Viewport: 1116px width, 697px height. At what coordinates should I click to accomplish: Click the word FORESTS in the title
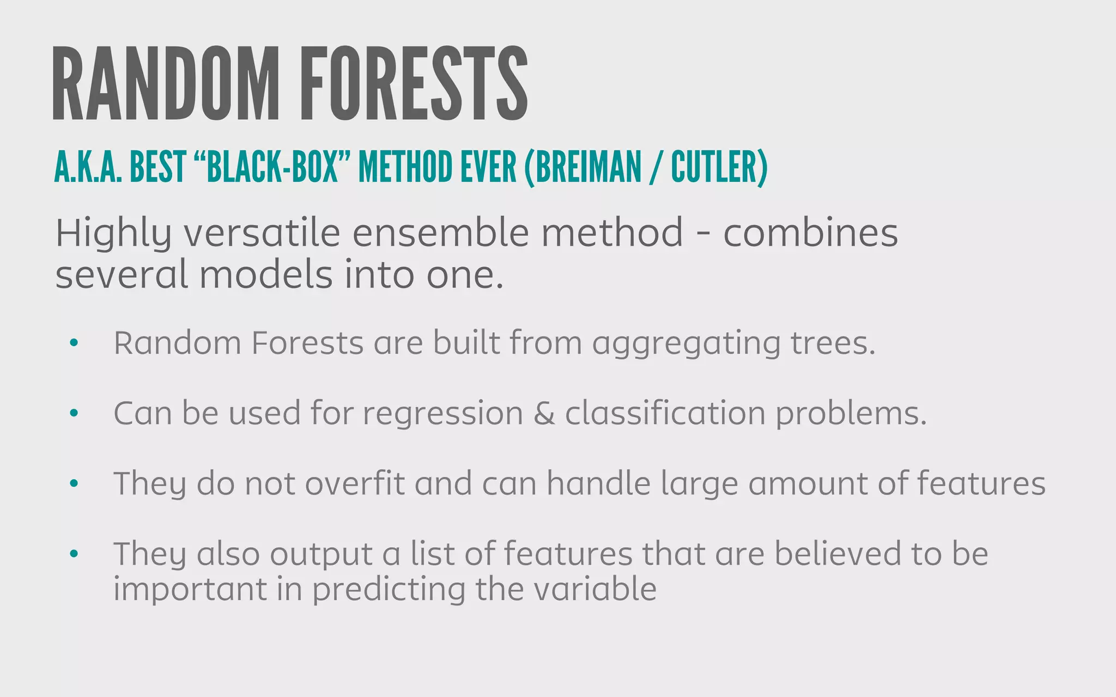414,84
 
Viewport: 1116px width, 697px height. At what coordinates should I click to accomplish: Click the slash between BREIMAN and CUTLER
656,168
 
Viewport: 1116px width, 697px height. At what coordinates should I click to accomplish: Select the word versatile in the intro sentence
262,233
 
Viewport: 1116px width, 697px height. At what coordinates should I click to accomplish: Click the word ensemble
441,233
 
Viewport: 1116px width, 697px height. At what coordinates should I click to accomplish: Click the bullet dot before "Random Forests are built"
74,343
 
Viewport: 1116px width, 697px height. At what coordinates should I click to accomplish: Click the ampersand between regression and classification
544,413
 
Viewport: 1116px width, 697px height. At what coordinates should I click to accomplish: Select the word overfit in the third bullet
355,484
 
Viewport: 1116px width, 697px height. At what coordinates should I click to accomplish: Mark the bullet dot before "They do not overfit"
74,483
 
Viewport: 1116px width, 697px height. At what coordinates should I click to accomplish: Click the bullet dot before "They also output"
74,554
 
